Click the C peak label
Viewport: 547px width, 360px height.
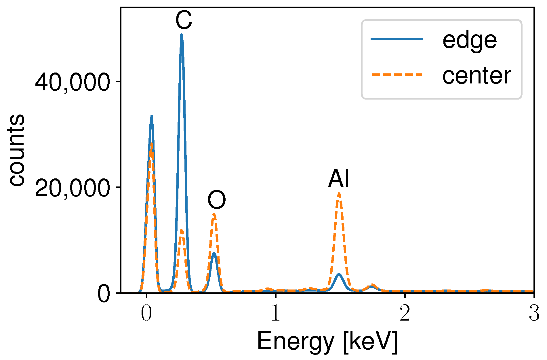[184, 21]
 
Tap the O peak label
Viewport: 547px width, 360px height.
[217, 200]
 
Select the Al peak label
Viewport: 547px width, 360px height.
[339, 179]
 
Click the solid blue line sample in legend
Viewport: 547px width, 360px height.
[397, 39]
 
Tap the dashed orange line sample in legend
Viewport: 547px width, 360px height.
[397, 75]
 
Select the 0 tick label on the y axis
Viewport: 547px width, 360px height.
[104, 294]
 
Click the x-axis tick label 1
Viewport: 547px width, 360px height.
[275, 314]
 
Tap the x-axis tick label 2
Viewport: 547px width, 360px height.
[405, 314]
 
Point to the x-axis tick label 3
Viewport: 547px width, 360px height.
[534, 314]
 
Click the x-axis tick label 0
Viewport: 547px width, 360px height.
[146, 314]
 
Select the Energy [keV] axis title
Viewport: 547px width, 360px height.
[327, 342]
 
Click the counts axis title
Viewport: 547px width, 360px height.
[16, 150]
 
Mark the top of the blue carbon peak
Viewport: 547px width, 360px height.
[181, 35]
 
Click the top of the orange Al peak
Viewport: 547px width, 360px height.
[339, 193]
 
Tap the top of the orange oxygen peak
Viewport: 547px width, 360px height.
[214, 214]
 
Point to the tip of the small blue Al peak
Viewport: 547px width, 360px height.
[339, 274]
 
